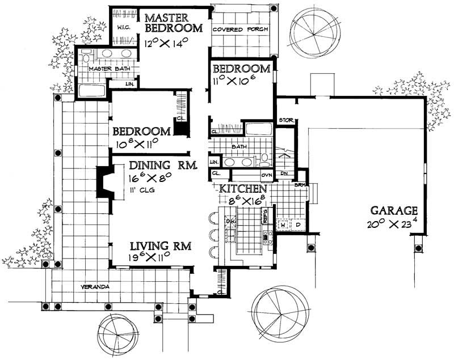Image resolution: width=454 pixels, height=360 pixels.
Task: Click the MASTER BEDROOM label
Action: tap(174, 21)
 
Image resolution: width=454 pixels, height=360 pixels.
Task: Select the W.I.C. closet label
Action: tap(124, 27)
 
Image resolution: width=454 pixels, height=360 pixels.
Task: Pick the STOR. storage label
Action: tap(285, 121)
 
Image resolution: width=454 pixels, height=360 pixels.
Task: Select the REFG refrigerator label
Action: tap(264, 214)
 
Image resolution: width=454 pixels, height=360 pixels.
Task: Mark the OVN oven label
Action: tap(267, 175)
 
